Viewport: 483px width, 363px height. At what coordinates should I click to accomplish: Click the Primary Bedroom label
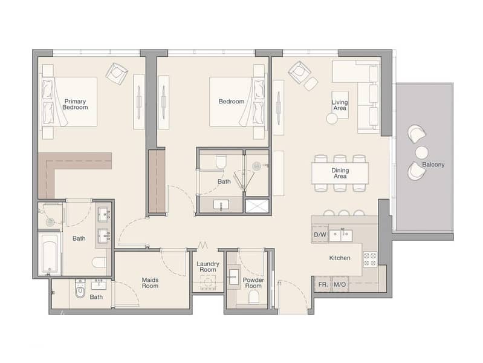[75, 104]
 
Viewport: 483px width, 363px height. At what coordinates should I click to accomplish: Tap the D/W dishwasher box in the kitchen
[320, 235]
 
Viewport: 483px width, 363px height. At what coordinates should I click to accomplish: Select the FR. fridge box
[323, 284]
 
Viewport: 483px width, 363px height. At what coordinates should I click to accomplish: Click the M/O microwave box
[340, 284]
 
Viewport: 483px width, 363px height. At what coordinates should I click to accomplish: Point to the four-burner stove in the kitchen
[369, 259]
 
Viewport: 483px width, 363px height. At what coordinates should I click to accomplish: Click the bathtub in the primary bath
[50, 253]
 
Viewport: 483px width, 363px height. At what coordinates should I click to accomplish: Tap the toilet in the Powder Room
[254, 297]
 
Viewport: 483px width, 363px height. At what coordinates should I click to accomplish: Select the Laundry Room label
[207, 267]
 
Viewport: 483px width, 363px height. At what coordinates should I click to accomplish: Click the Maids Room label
[150, 283]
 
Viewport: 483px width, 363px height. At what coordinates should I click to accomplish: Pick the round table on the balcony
[421, 152]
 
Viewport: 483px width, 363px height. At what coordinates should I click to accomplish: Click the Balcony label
[433, 165]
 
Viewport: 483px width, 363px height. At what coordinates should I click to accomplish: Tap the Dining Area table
[340, 173]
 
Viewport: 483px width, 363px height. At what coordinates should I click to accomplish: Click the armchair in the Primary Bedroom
[117, 74]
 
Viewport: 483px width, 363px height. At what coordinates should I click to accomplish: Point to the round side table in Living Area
[332, 119]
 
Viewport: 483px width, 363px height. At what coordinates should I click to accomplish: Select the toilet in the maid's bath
[80, 289]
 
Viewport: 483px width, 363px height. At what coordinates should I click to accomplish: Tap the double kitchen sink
[341, 235]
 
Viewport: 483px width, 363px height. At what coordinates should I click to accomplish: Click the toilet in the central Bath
[221, 162]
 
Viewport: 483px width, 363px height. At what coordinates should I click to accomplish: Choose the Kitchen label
[340, 258]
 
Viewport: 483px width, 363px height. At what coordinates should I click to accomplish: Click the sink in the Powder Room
[233, 277]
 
